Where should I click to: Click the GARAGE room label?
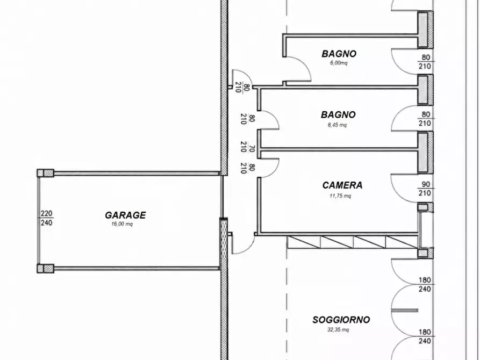tap(125, 215)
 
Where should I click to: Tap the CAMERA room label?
tap(342, 185)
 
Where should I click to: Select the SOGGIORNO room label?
tap(341, 320)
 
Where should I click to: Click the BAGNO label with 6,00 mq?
tap(339, 54)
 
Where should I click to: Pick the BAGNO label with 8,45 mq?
tap(338, 115)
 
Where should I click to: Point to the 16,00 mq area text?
tap(122, 224)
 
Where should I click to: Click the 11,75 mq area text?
tap(340, 196)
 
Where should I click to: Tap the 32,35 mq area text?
tap(338, 330)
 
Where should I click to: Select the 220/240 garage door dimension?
tap(47, 218)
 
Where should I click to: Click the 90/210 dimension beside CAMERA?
tap(426, 189)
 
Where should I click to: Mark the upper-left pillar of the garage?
tap(45, 173)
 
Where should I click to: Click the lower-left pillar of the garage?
tap(45, 269)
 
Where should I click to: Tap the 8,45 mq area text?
tap(337, 125)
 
